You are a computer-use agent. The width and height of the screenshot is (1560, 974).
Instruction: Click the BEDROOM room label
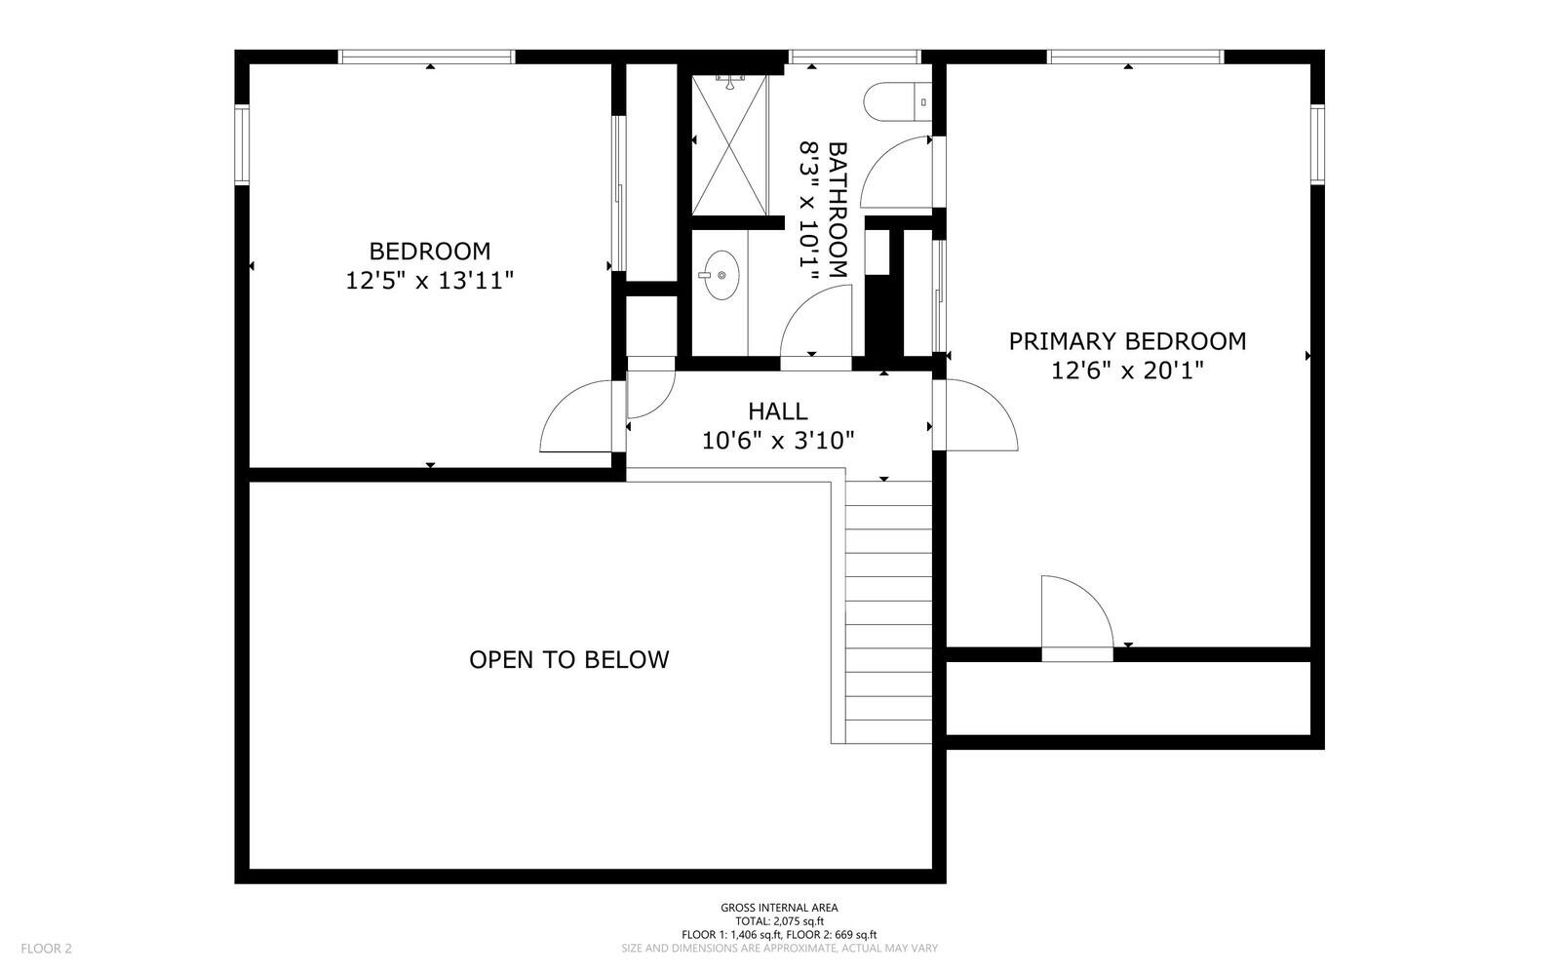click(429, 251)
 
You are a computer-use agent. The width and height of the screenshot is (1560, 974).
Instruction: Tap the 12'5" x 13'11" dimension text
click(429, 281)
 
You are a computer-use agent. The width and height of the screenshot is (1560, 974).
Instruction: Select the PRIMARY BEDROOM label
click(1127, 341)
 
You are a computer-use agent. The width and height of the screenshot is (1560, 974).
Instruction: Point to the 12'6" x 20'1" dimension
click(1127, 370)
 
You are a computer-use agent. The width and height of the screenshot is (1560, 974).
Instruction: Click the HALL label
click(777, 411)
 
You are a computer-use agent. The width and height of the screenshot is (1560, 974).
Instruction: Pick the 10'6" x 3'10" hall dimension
click(777, 441)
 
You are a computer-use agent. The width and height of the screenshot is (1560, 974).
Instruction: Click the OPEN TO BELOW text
click(569, 660)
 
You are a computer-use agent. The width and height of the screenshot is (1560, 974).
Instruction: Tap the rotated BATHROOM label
click(838, 210)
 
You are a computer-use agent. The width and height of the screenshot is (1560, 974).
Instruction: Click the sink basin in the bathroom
click(720, 275)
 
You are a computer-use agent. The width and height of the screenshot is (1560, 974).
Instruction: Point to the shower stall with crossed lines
click(729, 144)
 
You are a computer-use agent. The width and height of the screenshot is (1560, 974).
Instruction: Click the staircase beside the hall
click(887, 609)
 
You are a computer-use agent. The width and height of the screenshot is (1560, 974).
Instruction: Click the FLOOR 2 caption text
click(47, 948)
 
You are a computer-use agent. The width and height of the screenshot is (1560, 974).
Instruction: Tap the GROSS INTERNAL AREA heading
click(779, 908)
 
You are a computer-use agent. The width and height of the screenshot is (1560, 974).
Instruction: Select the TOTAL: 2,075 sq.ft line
click(779, 921)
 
